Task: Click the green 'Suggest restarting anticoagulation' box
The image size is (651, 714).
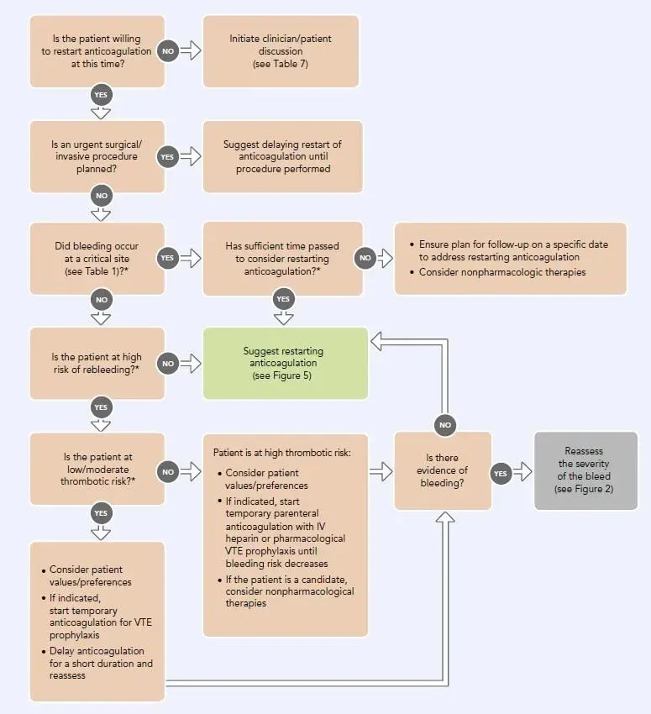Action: [x=286, y=364]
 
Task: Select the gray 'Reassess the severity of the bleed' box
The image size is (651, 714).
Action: [x=585, y=470]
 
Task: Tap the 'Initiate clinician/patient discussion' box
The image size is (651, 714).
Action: [x=281, y=51]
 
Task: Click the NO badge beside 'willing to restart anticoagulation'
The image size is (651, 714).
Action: [x=168, y=51]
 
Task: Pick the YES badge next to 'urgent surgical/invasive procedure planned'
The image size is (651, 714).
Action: [x=167, y=156]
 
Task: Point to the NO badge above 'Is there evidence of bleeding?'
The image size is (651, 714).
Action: [x=444, y=425]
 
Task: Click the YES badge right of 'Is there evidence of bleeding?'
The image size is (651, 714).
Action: [x=501, y=474]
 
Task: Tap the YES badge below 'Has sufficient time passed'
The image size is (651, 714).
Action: [x=283, y=299]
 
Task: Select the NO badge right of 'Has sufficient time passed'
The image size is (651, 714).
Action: [x=365, y=258]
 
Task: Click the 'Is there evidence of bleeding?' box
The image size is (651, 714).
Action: [x=443, y=470]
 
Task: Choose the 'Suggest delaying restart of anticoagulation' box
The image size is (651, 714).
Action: [x=283, y=156]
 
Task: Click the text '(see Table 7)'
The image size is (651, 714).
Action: [x=281, y=64]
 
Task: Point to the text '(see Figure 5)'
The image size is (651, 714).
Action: [x=281, y=375]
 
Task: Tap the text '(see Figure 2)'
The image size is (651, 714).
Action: [x=584, y=489]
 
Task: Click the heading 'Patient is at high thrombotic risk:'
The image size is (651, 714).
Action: [x=281, y=453]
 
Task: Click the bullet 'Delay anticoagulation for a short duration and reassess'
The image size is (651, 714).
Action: [x=97, y=663]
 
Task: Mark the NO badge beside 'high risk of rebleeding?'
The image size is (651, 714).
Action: [x=168, y=364]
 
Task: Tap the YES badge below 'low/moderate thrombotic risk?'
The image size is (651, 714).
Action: [x=101, y=513]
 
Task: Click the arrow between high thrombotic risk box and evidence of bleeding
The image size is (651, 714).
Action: [x=381, y=471]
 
